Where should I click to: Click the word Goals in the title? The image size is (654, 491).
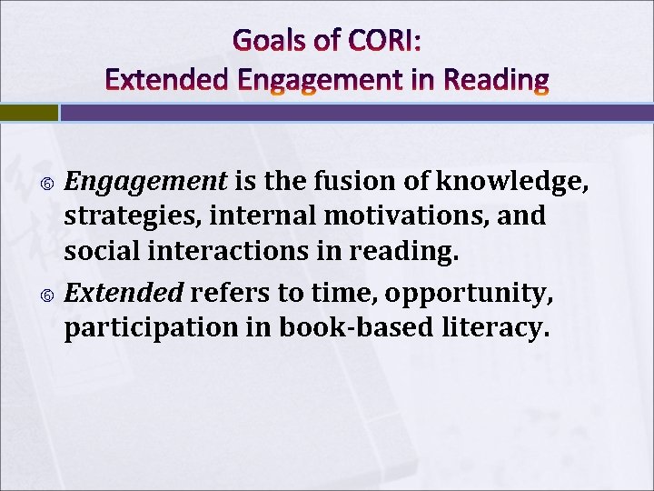(x=264, y=40)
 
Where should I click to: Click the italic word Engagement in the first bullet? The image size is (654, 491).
(x=146, y=183)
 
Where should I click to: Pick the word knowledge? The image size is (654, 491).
(x=513, y=183)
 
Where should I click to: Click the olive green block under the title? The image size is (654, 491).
(x=28, y=113)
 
